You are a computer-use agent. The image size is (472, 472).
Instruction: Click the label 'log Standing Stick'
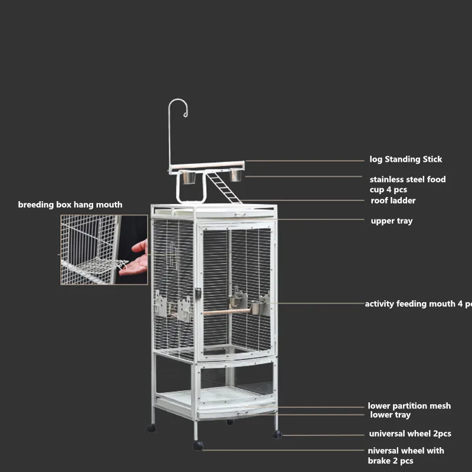[405, 159]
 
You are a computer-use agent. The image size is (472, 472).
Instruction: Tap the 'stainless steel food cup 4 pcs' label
[407, 184]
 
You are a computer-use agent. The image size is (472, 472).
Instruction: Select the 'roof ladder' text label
[393, 201]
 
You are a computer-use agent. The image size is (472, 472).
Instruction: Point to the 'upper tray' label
[392, 221]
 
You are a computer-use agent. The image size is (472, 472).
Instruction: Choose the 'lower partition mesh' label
[409, 406]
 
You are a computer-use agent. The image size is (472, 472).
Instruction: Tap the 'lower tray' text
[390, 415]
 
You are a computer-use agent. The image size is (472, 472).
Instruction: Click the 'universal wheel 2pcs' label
[410, 434]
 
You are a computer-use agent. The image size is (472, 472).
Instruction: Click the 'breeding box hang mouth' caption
[70, 205]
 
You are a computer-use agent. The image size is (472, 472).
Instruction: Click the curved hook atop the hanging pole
[179, 109]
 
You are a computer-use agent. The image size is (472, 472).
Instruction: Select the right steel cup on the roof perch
[236, 175]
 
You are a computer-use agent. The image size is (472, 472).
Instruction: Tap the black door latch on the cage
[198, 293]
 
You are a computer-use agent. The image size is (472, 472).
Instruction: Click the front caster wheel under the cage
[198, 445]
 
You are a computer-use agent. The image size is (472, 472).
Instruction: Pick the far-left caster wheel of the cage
[152, 428]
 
